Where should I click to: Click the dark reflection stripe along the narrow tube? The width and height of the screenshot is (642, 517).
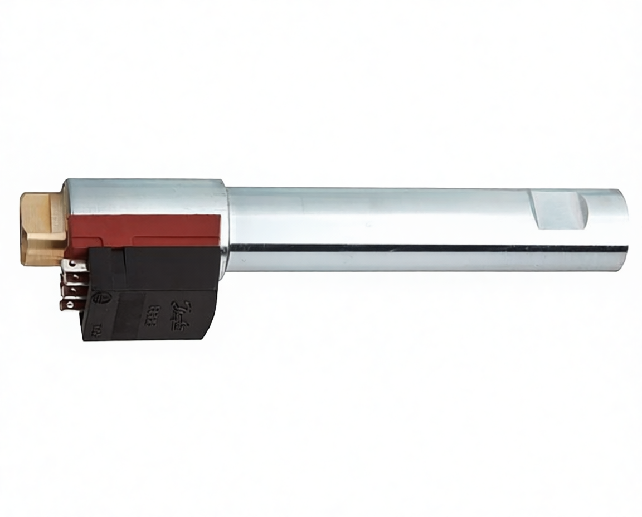[424, 248]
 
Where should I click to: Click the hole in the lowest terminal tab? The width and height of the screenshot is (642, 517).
[67, 304]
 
